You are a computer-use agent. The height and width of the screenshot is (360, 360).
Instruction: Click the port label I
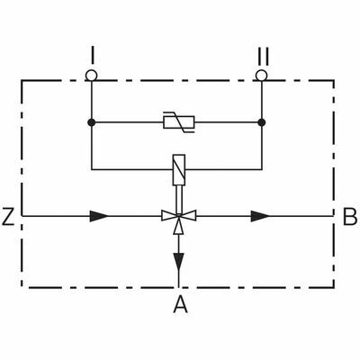coord(93,55)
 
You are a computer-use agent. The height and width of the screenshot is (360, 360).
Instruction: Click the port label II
coord(263,56)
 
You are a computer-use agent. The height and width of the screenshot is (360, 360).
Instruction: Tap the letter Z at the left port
coord(8,216)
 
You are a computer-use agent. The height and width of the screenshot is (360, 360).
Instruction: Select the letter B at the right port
coord(350,216)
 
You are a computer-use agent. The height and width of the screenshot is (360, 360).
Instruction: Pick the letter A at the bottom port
coord(180,303)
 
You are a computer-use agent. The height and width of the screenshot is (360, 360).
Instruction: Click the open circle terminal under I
coord(91,76)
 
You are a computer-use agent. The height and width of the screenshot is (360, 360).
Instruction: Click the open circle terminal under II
coord(262,76)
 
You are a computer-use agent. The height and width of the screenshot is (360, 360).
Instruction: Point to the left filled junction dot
coord(92,122)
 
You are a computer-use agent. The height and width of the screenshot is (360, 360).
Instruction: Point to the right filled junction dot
coord(262,122)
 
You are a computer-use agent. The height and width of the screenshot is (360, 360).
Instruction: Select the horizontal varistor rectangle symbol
coord(179,122)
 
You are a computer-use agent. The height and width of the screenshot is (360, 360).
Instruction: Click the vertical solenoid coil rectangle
coord(179,170)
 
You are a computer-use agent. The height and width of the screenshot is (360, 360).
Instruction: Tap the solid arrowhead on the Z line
coord(99,216)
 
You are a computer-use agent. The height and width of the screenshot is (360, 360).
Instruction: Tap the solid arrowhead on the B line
coord(260,216)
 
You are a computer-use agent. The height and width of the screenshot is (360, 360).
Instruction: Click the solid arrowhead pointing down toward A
coord(179,262)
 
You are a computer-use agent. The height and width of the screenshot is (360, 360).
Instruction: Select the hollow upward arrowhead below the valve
coord(179,225)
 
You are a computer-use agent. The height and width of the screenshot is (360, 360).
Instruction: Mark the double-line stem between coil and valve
coord(179,200)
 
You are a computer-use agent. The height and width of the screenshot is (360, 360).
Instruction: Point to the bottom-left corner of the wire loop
coord(92,170)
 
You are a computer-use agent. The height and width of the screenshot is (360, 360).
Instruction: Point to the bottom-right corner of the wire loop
coord(262,170)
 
